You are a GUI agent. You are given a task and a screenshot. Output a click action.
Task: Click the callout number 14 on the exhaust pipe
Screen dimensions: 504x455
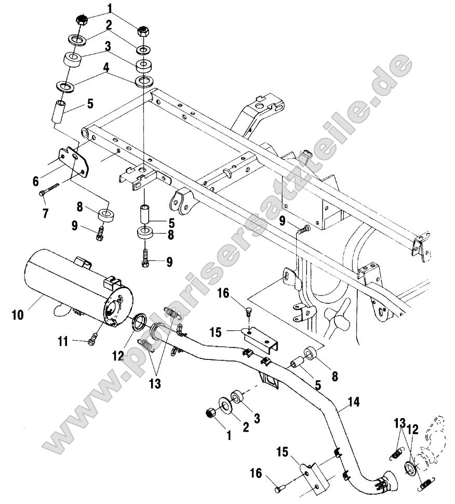pos(354,402)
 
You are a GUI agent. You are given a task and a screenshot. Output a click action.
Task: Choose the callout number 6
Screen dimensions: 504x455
pos(36,181)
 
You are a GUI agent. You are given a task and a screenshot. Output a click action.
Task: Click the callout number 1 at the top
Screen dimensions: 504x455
pos(110,8)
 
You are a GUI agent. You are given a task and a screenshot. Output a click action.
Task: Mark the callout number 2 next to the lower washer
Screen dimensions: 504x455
pos(245,427)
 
